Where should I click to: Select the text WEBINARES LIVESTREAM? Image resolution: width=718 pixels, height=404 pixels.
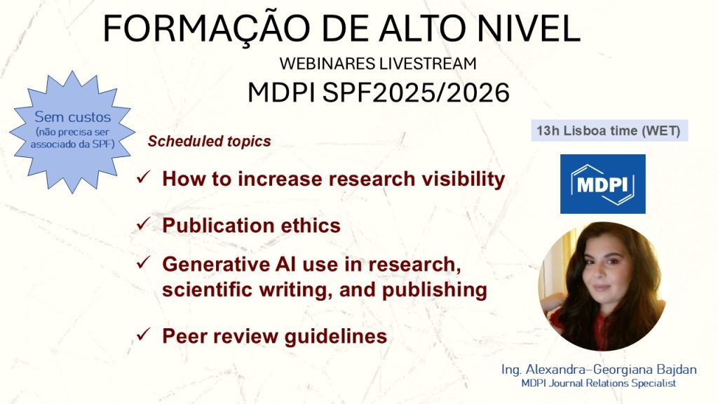(x=378, y=64)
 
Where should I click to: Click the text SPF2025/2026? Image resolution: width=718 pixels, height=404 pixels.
(x=416, y=93)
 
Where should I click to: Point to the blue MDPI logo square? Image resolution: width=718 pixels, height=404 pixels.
(x=602, y=184)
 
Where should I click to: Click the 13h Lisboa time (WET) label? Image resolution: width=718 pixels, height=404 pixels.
(x=609, y=130)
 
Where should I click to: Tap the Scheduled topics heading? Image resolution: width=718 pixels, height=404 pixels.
(x=209, y=141)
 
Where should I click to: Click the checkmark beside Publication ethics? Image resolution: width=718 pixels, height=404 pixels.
(x=143, y=224)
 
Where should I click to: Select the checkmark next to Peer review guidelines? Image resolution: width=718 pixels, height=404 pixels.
(x=143, y=335)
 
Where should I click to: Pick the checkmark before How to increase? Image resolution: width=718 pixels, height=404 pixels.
(x=143, y=177)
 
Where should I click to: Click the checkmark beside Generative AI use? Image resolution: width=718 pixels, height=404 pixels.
(x=143, y=262)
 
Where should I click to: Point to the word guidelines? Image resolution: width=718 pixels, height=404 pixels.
(x=336, y=337)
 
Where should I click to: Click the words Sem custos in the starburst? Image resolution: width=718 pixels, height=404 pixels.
(x=72, y=117)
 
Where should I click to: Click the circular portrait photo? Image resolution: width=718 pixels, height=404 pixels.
(x=602, y=286)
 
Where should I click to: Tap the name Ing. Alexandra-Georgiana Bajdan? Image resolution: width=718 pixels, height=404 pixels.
(x=599, y=369)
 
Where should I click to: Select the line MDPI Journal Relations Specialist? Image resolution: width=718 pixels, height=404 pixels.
(x=599, y=383)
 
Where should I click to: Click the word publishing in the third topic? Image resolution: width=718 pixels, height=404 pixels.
(x=435, y=290)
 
